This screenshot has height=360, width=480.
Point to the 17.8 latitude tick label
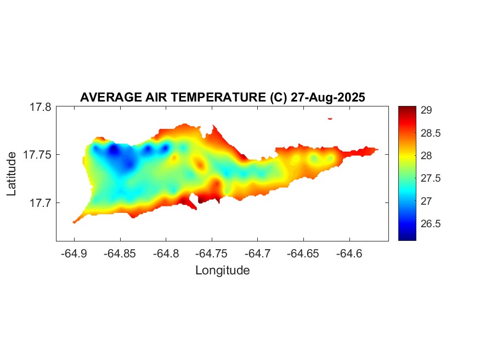[x=40, y=107]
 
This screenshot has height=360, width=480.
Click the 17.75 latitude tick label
[x=37, y=155]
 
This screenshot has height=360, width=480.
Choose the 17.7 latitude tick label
[x=40, y=203]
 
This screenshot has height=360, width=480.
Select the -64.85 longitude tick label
[x=120, y=254]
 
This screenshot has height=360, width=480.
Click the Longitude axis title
[x=222, y=270]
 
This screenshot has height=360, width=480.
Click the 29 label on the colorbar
[x=426, y=110]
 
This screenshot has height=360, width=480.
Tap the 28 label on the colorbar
[x=426, y=156]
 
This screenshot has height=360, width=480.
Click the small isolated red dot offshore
[x=330, y=118]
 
